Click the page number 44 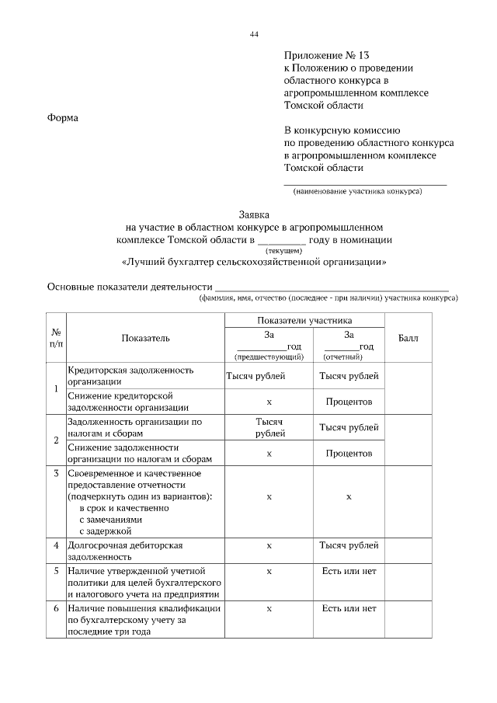coord(254,34)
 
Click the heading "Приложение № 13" coord(327,55)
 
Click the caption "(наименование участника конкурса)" coord(358,191)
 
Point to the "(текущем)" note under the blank coord(284,251)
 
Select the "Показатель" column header coord(145,338)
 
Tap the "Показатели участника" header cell coord(305,320)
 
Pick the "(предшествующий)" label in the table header coord(268,357)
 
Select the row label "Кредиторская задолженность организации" coord(130,375)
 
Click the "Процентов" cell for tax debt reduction coord(349,453)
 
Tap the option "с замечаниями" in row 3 coord(111,519)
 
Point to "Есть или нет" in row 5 coord(349,571)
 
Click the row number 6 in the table coord(56,608)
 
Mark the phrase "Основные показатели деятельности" coord(130,287)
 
